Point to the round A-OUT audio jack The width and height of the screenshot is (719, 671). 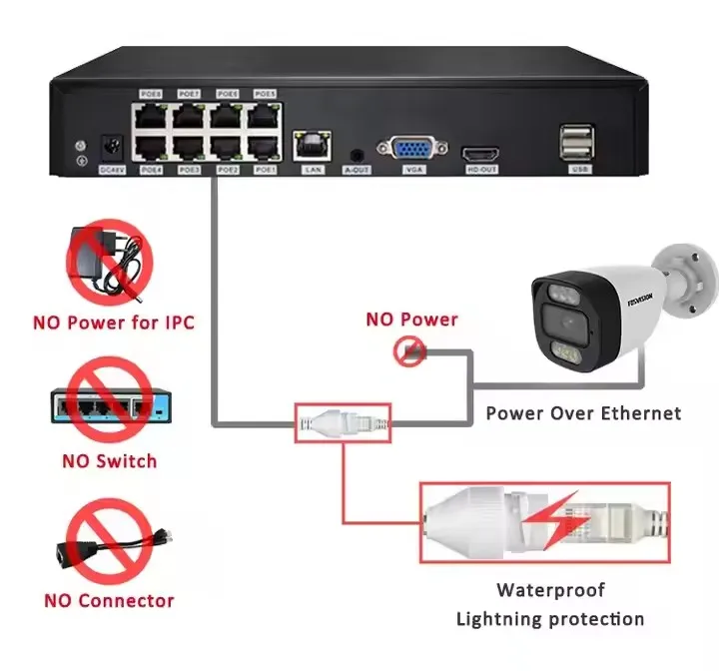pos(357,155)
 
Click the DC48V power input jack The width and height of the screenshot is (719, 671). pos(113,150)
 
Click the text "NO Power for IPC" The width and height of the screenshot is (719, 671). pos(113,323)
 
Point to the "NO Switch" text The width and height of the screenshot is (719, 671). pos(109,460)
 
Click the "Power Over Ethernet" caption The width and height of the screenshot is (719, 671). pos(583,412)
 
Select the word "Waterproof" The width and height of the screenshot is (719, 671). pos(550,590)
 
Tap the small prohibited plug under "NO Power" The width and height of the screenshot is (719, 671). pos(409,350)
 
